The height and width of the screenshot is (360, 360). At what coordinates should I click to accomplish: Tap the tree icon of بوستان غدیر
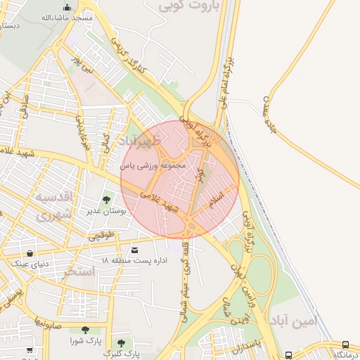(107, 200)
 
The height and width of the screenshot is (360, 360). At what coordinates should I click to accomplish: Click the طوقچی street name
(100, 236)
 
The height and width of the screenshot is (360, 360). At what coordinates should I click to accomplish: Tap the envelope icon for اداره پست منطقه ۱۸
(135, 250)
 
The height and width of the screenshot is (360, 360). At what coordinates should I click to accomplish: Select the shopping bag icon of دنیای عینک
(30, 253)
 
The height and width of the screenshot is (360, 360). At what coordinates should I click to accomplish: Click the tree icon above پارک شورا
(85, 329)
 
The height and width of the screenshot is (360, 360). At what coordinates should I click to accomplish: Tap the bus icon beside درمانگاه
(345, 345)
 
